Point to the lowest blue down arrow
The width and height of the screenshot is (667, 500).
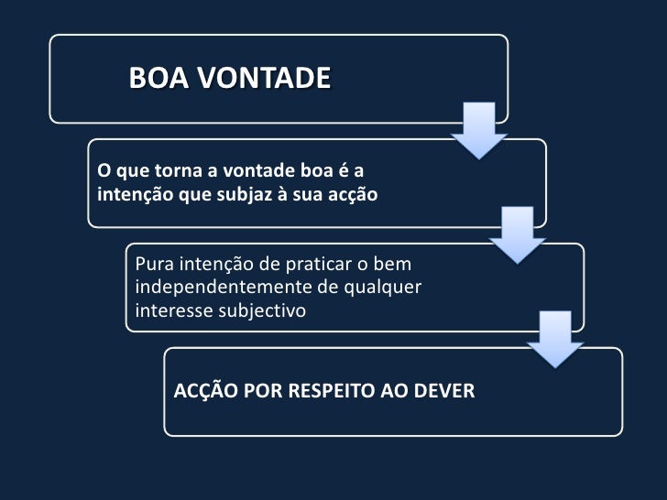click(557, 339)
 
